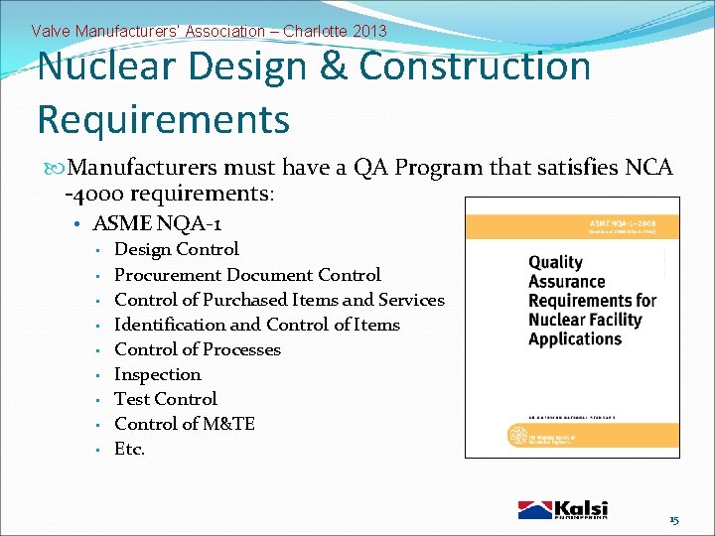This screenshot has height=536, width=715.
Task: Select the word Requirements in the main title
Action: point(163,118)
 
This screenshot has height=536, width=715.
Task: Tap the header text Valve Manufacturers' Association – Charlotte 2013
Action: point(209,31)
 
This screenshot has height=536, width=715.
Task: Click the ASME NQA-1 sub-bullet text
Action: point(156,224)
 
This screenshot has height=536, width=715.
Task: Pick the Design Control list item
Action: point(177,249)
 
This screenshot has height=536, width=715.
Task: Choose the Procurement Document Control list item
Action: point(247,275)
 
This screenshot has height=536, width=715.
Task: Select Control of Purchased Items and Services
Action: point(279,300)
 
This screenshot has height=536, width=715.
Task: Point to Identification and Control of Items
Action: point(257,325)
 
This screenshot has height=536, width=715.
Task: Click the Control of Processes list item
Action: point(198,349)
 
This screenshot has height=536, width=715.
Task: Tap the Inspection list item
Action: point(158,374)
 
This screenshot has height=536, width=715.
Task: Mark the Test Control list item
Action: point(166,399)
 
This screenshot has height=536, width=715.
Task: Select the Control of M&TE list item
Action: point(185,424)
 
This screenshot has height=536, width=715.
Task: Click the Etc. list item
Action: point(130,449)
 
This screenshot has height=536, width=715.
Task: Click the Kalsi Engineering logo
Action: point(563,510)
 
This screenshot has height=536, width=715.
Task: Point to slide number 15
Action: point(673,520)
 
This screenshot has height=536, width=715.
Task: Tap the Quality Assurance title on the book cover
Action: point(592,301)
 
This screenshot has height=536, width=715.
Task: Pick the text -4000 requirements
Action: point(169,193)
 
